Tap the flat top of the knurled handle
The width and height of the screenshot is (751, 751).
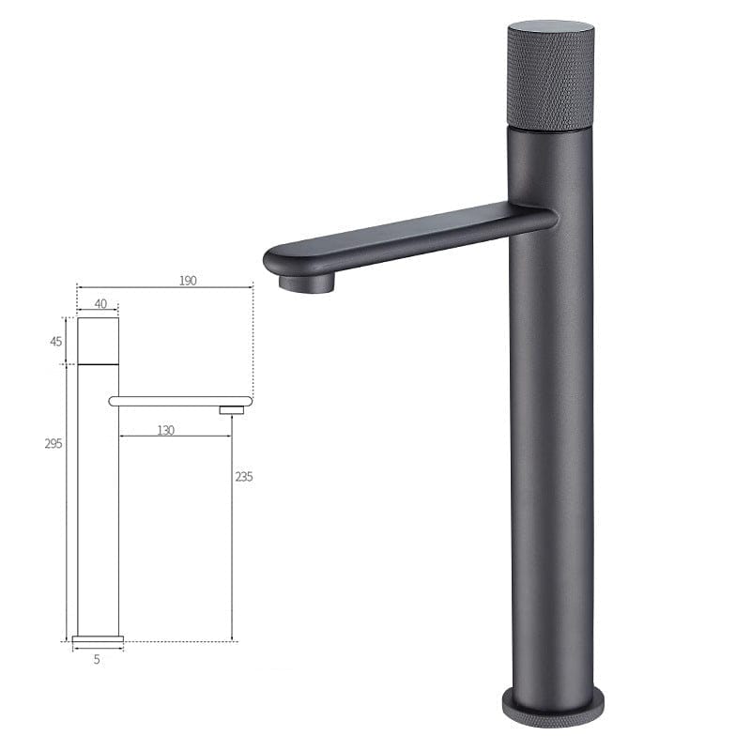click(550, 28)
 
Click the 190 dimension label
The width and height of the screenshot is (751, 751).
click(188, 281)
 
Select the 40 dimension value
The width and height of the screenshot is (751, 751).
click(100, 304)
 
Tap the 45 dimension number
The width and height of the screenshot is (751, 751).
click(56, 342)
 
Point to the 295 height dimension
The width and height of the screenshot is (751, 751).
click(53, 444)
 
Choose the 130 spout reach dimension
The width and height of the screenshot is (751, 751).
click(165, 430)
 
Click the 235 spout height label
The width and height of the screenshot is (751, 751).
click(243, 476)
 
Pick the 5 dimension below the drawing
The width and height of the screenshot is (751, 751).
click(97, 659)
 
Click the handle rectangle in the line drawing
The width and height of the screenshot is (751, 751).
click(98, 341)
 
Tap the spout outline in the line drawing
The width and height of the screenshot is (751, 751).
click(178, 401)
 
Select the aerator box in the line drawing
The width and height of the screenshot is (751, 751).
click(231, 410)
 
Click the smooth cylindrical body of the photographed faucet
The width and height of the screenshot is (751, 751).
click(551, 451)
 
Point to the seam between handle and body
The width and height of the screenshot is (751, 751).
click(550, 129)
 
